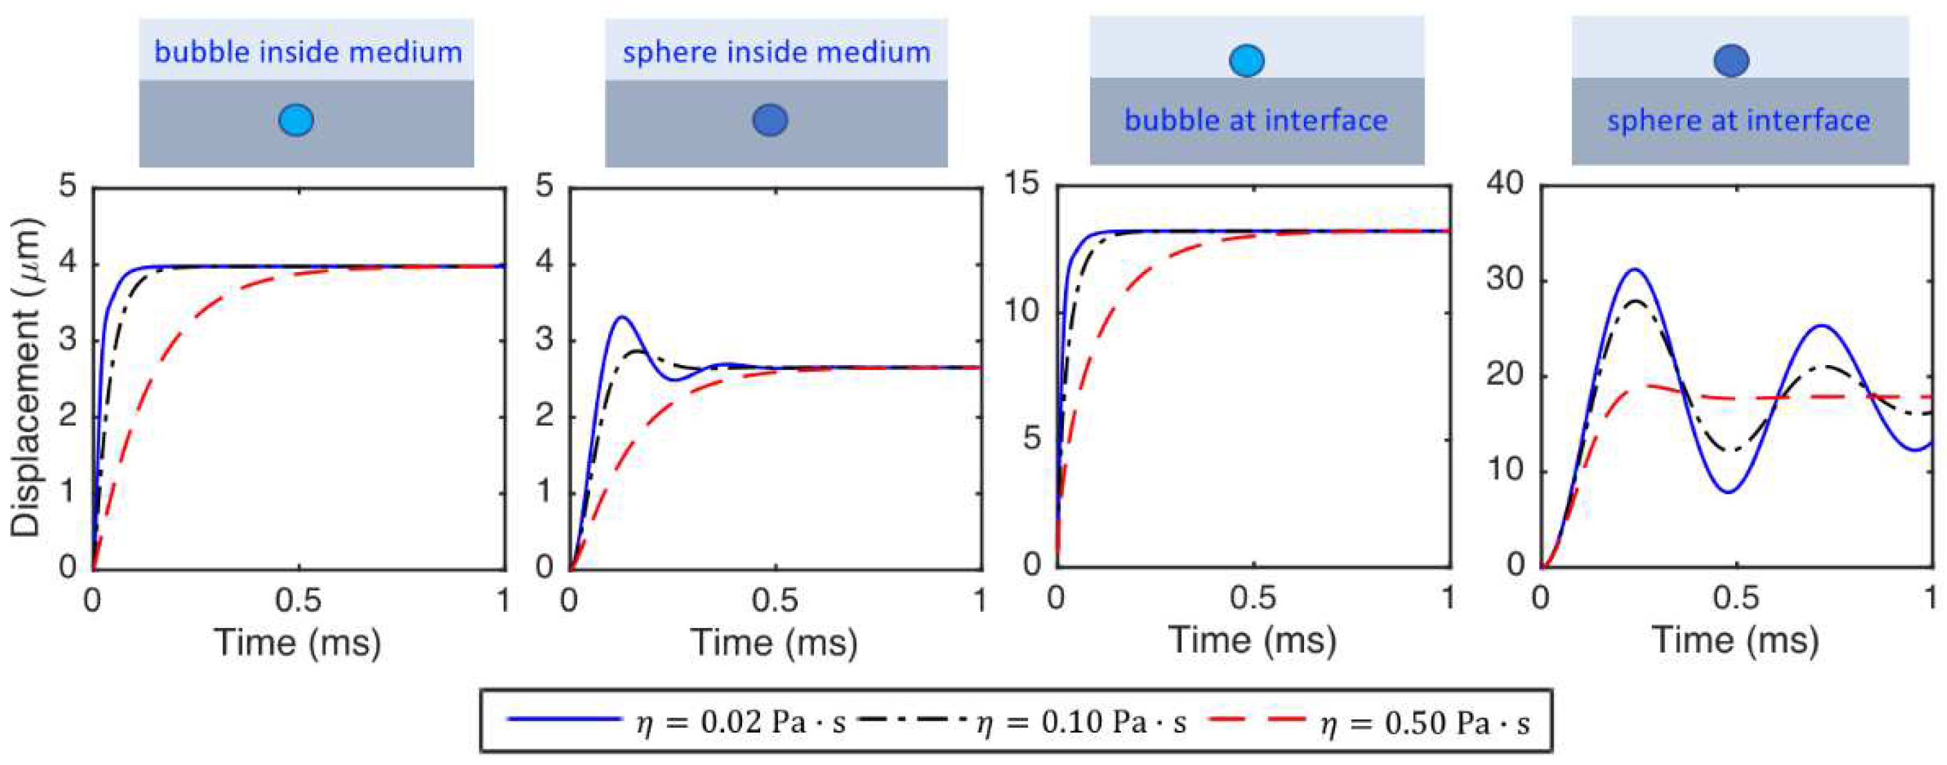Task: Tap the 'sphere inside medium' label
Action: pos(776,52)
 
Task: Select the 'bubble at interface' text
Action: pos(1256,120)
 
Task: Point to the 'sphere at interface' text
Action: pos(1739,120)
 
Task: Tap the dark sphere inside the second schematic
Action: pos(770,119)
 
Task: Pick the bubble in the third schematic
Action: pos(1246,61)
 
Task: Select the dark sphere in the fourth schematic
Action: pos(1731,61)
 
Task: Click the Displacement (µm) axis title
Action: pos(26,378)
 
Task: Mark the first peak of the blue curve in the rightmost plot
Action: pos(1635,270)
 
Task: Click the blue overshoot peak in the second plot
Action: pos(621,318)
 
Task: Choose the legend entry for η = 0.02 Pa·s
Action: pos(677,722)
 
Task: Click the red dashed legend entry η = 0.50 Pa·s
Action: pos(1368,722)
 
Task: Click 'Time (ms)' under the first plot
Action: pos(298,643)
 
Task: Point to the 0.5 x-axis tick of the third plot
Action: pos(1253,599)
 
